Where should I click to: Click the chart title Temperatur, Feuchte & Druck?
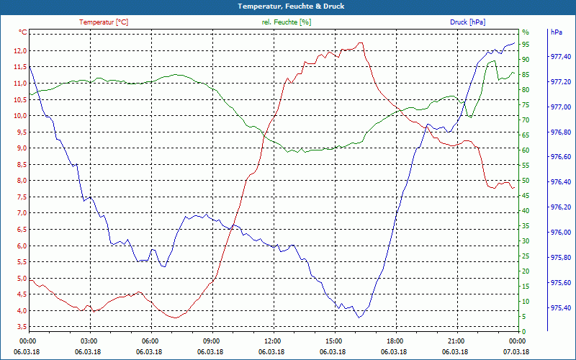pyautogui.click(x=287, y=6)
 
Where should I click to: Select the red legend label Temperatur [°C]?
pyautogui.click(x=104, y=22)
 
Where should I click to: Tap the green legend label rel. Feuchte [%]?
pyautogui.click(x=287, y=22)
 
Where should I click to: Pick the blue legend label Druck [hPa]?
pyautogui.click(x=467, y=22)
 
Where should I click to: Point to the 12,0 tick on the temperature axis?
pyautogui.click(x=19, y=50)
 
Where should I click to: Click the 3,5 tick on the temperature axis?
pyautogui.click(x=19, y=327)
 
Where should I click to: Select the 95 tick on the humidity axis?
pyautogui.click(x=526, y=45)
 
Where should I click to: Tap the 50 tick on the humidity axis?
pyautogui.click(x=526, y=181)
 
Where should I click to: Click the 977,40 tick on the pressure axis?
pyautogui.click(x=561, y=57)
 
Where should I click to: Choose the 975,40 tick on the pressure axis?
pyautogui.click(x=561, y=308)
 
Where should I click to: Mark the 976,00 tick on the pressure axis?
pyautogui.click(x=561, y=233)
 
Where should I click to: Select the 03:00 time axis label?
pyautogui.click(x=89, y=341)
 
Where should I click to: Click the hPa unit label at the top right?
pyautogui.click(x=556, y=32)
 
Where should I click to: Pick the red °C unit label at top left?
pyautogui.click(x=23, y=32)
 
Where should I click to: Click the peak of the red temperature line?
pyautogui.click(x=361, y=42)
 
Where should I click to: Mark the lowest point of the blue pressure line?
pyautogui.click(x=359, y=318)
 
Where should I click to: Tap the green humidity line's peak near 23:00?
pyautogui.click(x=492, y=61)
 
